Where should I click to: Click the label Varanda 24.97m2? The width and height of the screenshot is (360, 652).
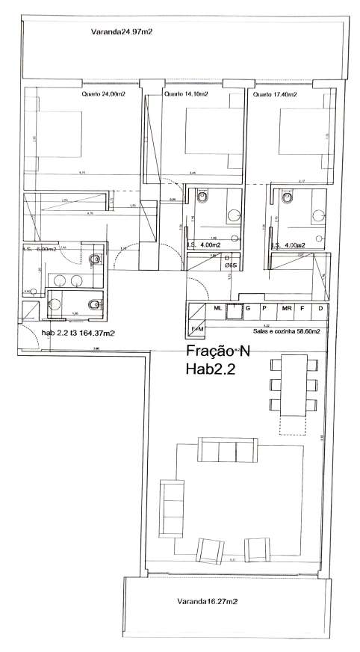(122, 32)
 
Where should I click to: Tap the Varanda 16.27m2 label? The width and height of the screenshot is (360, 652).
(207, 600)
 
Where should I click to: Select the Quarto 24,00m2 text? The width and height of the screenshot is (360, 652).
(102, 95)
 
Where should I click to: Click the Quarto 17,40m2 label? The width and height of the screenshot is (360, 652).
(275, 95)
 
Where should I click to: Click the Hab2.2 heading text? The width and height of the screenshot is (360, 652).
(212, 368)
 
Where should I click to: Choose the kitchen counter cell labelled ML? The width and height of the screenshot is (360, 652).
(217, 308)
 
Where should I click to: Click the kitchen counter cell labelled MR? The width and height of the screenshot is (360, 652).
(286, 308)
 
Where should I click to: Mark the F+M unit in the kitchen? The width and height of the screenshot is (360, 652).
(197, 328)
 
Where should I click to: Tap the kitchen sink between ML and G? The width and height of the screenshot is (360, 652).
(237, 309)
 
